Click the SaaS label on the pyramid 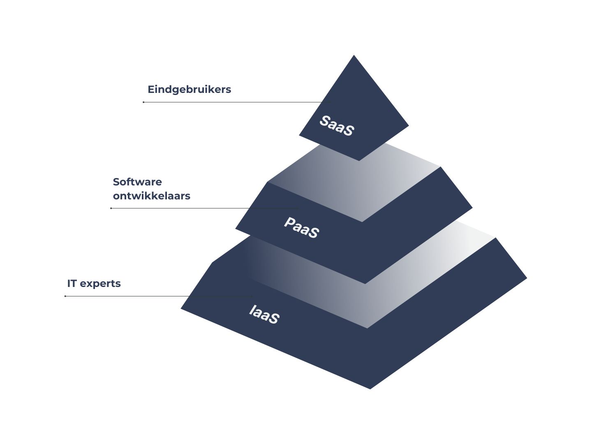pos(336,126)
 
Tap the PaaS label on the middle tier pos(301,228)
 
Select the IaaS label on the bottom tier pos(264,314)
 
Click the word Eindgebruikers pos(189,90)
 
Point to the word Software pos(137,182)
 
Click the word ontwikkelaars pos(151,196)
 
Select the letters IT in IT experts pos(72,284)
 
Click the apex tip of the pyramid pos(354,56)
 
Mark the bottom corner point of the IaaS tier pos(370,388)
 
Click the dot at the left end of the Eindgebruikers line pos(143,102)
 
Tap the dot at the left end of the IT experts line pos(65,296)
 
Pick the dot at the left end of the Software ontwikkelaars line pos(111,208)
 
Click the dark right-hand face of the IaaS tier pos(452,312)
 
